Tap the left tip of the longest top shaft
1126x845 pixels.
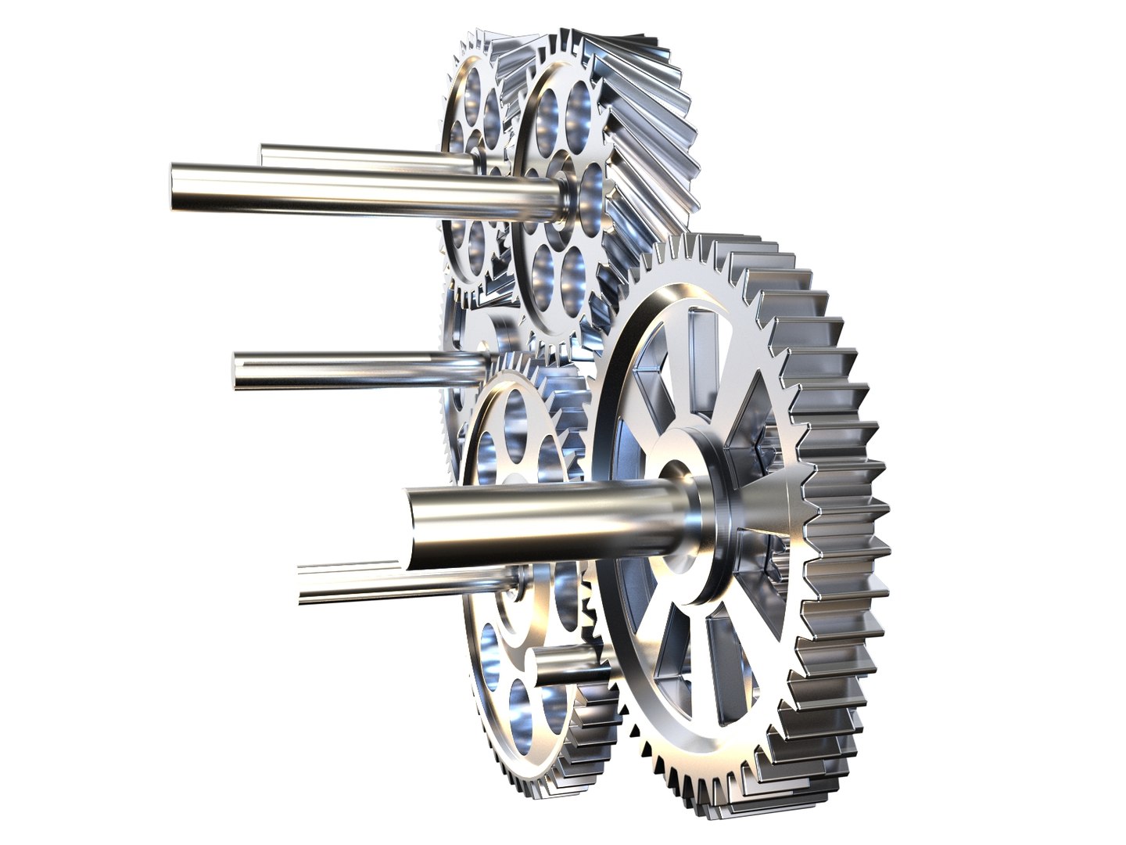(x=177, y=186)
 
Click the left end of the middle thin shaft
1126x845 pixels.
(x=239, y=369)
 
